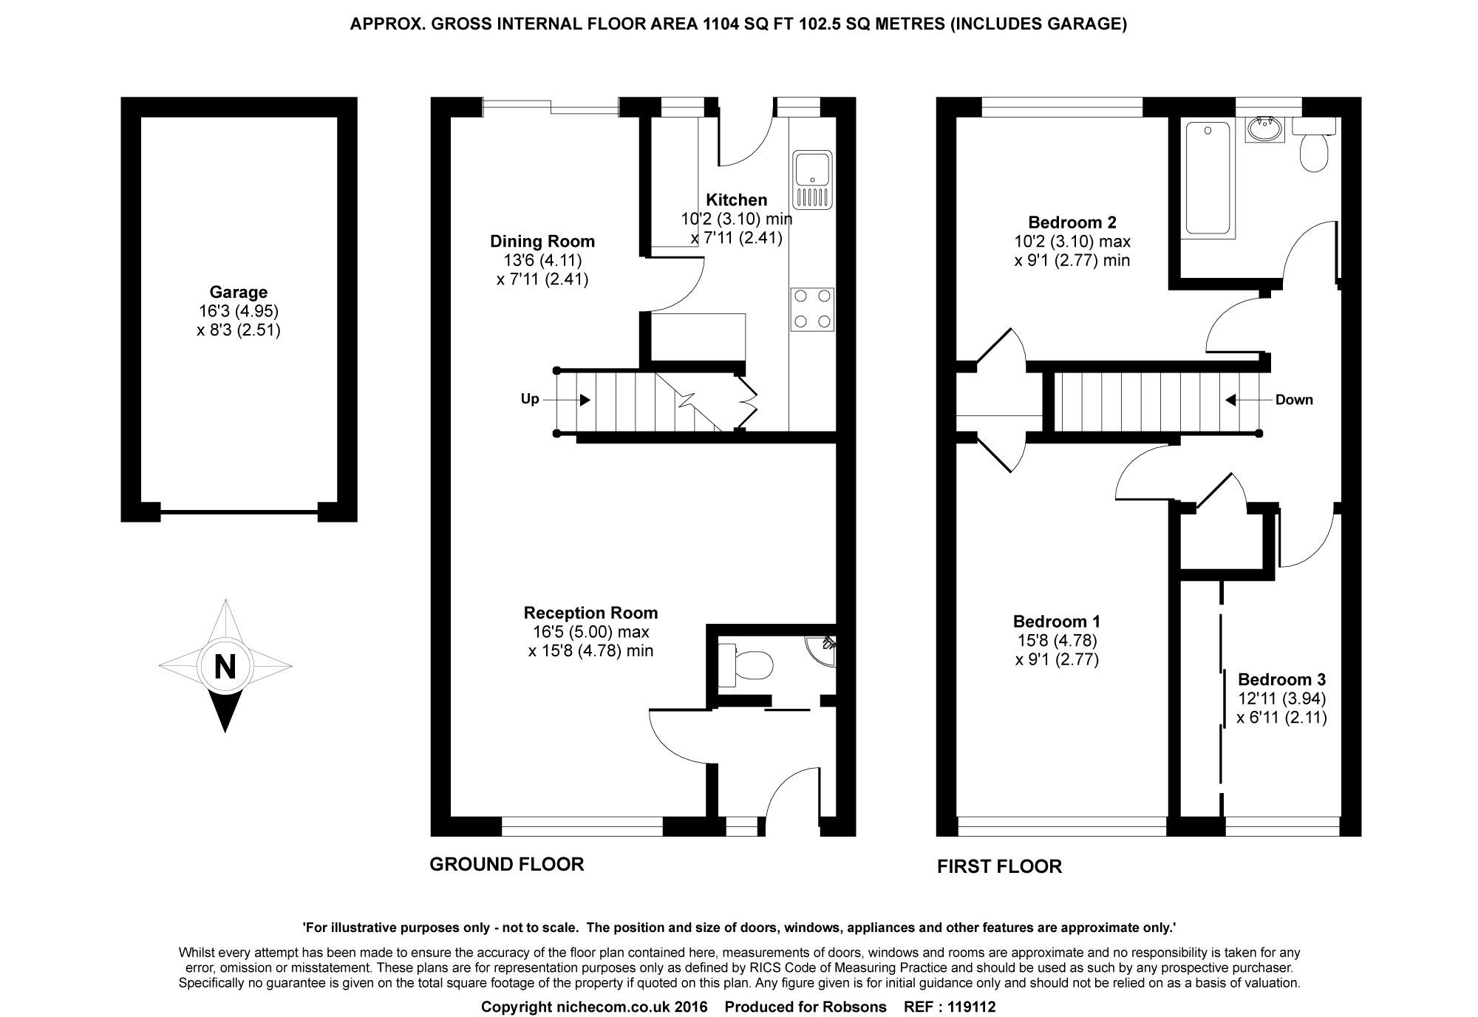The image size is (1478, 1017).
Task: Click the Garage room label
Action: click(238, 292)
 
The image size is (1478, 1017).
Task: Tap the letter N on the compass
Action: click(225, 667)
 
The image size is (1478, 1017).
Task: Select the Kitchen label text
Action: click(736, 200)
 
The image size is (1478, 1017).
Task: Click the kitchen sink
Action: click(812, 180)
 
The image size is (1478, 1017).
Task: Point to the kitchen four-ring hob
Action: click(812, 309)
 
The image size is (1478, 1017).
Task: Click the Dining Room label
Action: click(542, 241)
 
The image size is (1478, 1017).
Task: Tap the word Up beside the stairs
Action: click(530, 399)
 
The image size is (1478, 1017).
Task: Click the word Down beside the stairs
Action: click(1294, 400)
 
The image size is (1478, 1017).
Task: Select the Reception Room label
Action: click(590, 613)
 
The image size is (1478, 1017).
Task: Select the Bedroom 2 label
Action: click(1072, 222)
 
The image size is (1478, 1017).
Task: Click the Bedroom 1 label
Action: click(1057, 621)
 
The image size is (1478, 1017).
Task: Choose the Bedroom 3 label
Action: click(1282, 679)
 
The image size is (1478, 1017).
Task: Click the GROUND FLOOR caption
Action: click(507, 864)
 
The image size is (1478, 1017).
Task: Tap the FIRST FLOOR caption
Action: click(999, 866)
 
